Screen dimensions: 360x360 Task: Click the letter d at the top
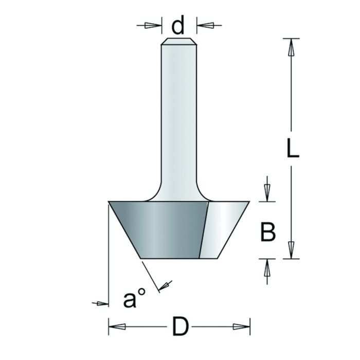(178, 26)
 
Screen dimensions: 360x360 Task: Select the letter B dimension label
(267, 232)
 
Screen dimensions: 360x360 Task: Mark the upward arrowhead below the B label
(267, 268)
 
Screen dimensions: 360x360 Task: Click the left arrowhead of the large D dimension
(117, 327)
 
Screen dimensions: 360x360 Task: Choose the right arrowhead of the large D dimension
(240, 327)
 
